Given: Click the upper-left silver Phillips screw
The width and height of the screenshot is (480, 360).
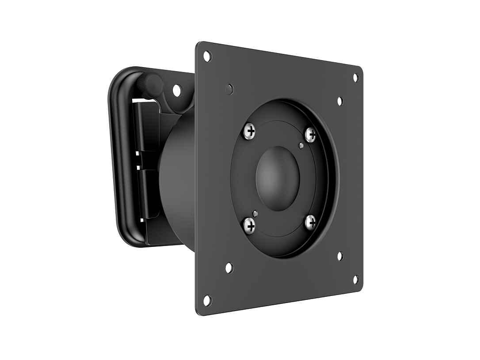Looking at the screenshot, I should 251,131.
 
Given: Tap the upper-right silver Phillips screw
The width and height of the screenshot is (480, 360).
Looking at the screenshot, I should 311,134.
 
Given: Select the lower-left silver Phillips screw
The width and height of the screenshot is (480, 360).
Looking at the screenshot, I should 250,227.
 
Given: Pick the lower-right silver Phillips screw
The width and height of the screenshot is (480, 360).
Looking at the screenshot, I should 311,222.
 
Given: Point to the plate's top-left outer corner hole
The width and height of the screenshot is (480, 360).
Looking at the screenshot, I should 207,56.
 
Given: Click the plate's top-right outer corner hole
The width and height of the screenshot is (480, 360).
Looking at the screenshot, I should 355,78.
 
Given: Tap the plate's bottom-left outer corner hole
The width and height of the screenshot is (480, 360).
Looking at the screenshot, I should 207,300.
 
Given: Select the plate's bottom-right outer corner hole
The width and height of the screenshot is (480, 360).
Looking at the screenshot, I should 355,279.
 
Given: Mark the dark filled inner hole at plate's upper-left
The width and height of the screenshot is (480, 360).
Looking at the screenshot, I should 229,90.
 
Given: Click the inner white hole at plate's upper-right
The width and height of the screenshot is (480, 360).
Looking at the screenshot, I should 340,101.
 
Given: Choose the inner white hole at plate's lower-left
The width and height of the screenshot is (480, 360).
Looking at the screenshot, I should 229,268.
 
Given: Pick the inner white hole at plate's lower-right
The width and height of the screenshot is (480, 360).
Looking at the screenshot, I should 340,256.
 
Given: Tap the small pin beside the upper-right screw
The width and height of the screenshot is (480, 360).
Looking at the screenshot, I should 301,146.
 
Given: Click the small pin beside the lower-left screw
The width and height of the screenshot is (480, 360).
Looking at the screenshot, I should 255,214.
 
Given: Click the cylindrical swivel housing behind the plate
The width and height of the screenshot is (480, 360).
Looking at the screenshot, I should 177,177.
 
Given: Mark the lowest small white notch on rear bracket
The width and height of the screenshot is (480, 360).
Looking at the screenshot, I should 142,220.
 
